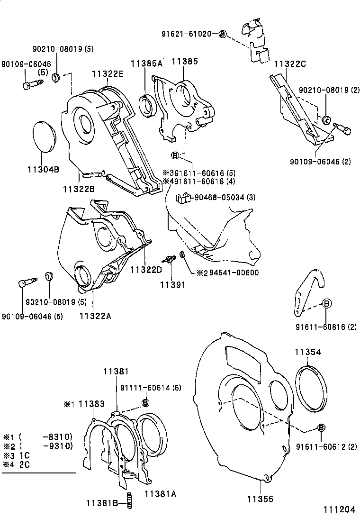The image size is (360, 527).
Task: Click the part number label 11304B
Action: [x=43, y=169]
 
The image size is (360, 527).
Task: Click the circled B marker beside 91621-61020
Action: [x=223, y=34]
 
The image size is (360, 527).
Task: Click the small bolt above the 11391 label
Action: [x=170, y=259]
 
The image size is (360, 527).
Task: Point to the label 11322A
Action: [x=95, y=316]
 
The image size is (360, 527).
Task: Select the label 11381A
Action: [x=160, y=494]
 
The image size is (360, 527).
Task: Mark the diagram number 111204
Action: [x=339, y=510]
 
